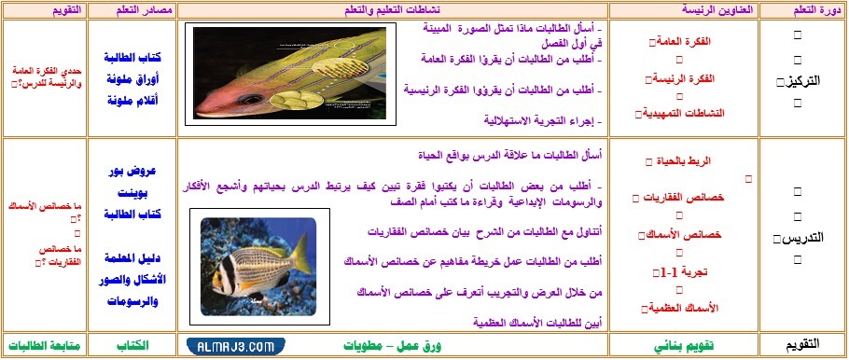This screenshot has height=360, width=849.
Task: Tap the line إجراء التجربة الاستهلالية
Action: click(542, 120)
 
